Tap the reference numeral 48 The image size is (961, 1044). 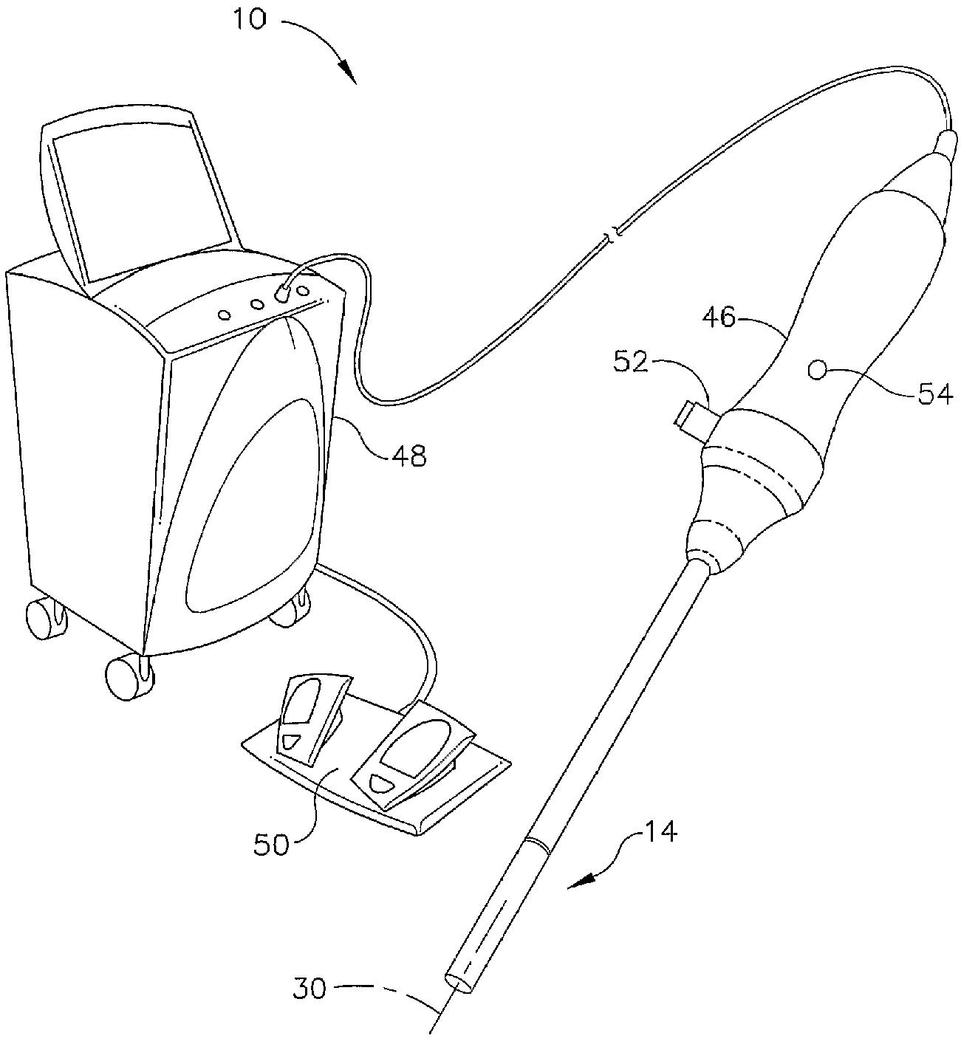[408, 456]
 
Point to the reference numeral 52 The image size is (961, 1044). [630, 363]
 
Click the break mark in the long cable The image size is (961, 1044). [612, 236]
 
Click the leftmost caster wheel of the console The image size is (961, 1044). [44, 619]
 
